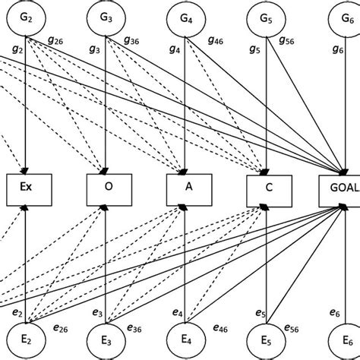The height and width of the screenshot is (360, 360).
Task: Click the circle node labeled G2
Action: pos(27,17)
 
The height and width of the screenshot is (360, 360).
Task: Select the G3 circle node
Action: pos(106,17)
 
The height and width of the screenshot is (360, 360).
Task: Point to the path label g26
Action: pos(56,41)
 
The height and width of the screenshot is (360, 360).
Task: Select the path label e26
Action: pos(60,327)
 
